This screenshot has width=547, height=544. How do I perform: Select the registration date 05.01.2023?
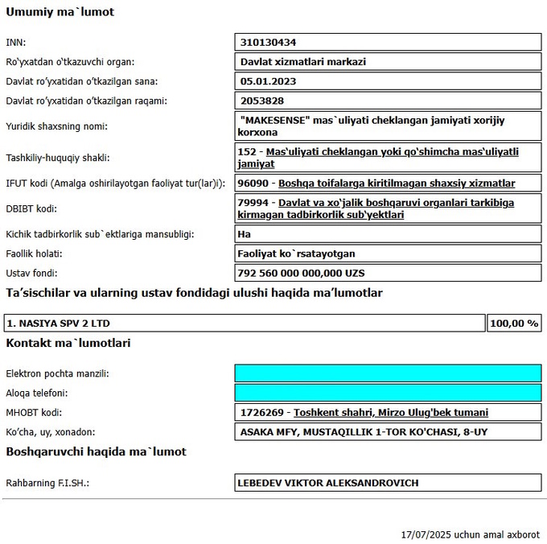coord(269,81)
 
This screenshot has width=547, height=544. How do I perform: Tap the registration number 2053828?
coord(263,101)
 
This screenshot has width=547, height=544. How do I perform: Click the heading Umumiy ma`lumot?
coord(60,13)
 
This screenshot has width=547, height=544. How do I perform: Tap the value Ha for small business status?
coord(245,234)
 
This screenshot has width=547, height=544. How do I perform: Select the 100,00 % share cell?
coord(513,324)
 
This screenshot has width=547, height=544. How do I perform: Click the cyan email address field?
coord(388,373)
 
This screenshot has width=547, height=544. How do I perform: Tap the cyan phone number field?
coord(388,394)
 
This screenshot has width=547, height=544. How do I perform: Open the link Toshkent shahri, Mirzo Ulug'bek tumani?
coord(391,413)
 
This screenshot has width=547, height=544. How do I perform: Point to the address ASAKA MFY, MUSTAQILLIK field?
coord(364,433)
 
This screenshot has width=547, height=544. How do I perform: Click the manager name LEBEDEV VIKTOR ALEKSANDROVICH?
coord(327,483)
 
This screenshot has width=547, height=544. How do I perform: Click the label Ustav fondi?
coord(32,274)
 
